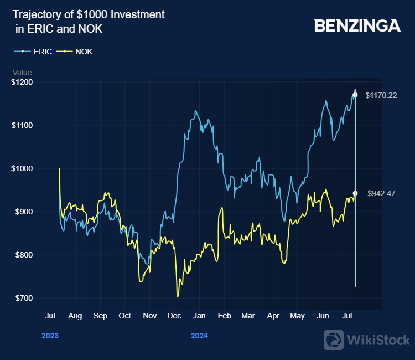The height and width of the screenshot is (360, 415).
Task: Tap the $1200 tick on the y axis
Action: tap(22, 82)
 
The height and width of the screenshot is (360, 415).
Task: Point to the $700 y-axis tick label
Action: tap(24, 298)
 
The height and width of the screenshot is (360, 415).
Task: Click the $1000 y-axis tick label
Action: tap(22, 168)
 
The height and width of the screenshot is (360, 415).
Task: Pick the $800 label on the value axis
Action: tap(24, 255)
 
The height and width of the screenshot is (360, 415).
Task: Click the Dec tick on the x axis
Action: tap(174, 316)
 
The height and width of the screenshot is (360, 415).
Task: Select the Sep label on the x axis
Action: tap(100, 316)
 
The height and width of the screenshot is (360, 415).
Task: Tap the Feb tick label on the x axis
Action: tap(224, 316)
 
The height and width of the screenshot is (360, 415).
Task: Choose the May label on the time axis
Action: tap(297, 316)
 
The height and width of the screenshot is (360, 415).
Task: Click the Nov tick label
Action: tap(149, 316)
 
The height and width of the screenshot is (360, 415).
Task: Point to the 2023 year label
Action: tap(50, 336)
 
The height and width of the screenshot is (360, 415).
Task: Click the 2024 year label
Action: tap(199, 336)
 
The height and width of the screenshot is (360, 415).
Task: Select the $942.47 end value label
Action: tap(381, 193)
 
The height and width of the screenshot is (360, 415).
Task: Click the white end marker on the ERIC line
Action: tap(355, 95)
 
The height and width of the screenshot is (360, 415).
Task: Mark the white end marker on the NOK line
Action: tap(355, 193)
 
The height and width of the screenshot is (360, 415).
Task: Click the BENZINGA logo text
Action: tap(357, 25)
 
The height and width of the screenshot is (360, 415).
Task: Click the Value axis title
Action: tap(22, 73)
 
